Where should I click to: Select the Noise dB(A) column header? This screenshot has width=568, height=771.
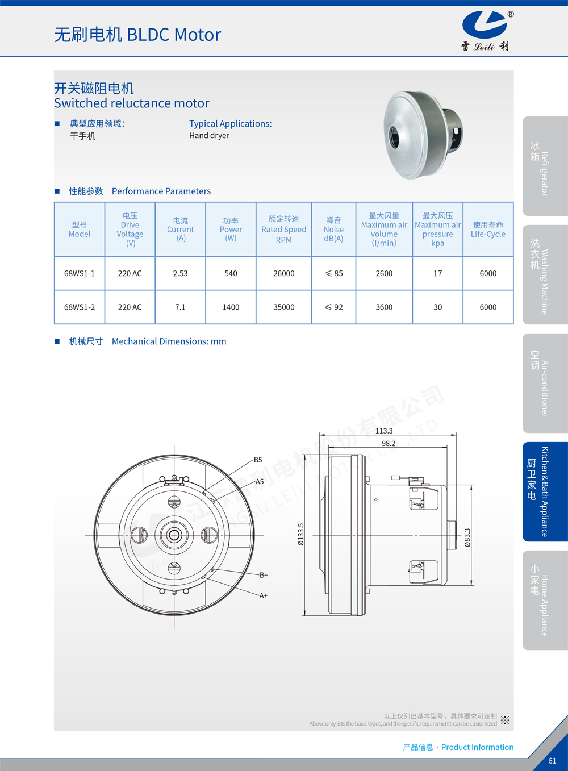[x=333, y=229]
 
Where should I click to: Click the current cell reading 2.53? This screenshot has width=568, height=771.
[x=180, y=273]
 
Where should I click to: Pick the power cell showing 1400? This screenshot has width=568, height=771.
[x=231, y=307]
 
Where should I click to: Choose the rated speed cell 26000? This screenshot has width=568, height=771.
[x=284, y=273]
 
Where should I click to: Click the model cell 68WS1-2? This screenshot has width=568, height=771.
[x=80, y=307]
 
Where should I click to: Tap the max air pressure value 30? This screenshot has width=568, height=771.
[x=437, y=307]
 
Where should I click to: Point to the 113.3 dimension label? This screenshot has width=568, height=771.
[x=384, y=431]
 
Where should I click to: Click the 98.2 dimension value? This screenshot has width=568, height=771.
[x=389, y=443]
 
